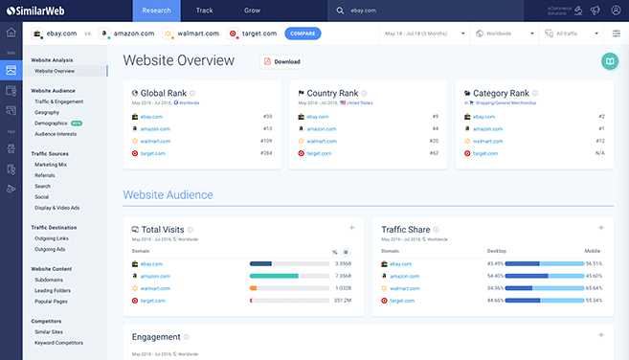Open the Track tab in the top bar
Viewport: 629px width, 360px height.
click(x=204, y=10)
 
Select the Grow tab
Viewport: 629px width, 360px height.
click(x=252, y=10)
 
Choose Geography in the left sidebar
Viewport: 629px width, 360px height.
click(x=48, y=111)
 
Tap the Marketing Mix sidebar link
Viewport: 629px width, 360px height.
click(x=51, y=164)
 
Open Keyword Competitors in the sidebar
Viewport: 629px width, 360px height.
click(x=57, y=341)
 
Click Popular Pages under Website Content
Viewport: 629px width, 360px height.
click(x=51, y=301)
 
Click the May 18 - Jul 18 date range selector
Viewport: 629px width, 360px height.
click(x=421, y=34)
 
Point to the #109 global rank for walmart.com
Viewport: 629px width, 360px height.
click(x=266, y=141)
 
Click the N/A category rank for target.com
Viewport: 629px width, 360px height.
click(x=597, y=153)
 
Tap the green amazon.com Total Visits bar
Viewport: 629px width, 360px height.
click(x=275, y=275)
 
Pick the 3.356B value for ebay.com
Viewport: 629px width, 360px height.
click(x=343, y=262)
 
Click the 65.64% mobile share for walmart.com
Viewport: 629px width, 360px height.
click(x=593, y=287)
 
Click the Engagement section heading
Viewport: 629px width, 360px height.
click(x=154, y=337)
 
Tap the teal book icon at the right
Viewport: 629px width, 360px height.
click(x=608, y=61)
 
